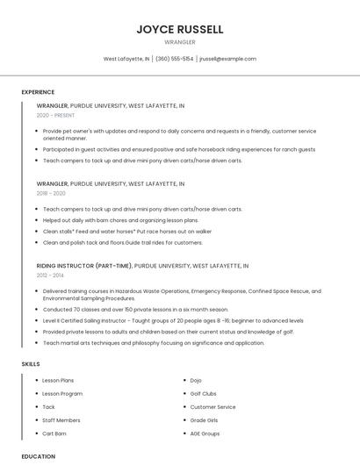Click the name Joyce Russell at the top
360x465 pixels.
tap(180, 29)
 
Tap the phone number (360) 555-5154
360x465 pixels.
tap(175, 59)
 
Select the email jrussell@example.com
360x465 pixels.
tap(227, 59)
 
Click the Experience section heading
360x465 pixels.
tap(38, 92)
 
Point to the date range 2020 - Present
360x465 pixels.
tap(55, 115)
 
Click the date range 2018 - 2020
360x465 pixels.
tap(51, 193)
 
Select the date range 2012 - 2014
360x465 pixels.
tap(50, 275)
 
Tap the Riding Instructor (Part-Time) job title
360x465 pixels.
tap(84, 265)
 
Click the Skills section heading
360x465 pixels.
tap(31, 363)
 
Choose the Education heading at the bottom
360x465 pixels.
tap(39, 456)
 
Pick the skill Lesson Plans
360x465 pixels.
tap(58, 380)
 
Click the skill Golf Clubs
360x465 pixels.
tap(203, 394)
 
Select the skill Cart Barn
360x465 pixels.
tap(54, 433)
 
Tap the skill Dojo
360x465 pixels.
tap(196, 380)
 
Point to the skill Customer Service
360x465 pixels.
tap(212, 407)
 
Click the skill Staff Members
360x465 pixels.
tap(61, 420)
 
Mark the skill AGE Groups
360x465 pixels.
tap(205, 433)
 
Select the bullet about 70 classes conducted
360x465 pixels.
tap(135, 310)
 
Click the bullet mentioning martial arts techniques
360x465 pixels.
tap(153, 343)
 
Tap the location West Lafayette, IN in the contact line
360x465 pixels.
tap(126, 59)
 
